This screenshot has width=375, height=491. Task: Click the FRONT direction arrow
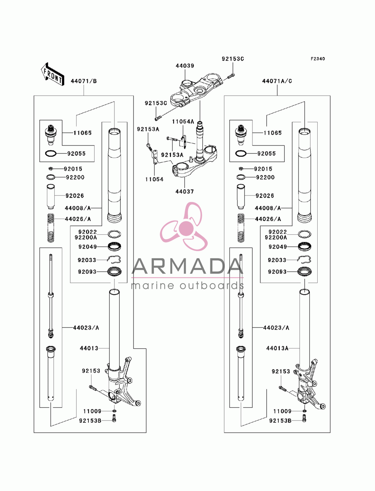[52, 74]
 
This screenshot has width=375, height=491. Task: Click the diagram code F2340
[318, 59]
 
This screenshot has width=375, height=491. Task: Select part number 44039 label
[185, 66]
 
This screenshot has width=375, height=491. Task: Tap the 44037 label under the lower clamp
[184, 191]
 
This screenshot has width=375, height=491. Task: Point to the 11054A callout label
[183, 122]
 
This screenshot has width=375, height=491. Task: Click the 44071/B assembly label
[84, 81]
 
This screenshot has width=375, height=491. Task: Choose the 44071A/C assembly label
[277, 81]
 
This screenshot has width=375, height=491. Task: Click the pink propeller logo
[185, 227]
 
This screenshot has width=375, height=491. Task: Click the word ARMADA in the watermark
[187, 266]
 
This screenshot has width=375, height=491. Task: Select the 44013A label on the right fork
[277, 348]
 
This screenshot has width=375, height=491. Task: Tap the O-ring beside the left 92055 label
[51, 153]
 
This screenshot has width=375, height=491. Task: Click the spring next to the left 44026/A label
[51, 228]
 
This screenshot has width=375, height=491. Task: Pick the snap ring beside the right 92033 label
[304, 259]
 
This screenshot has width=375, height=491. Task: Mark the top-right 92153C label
[233, 59]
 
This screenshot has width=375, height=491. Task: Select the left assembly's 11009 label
[92, 411]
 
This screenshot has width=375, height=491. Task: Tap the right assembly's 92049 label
[277, 247]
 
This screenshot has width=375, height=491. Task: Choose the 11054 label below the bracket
[154, 179]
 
